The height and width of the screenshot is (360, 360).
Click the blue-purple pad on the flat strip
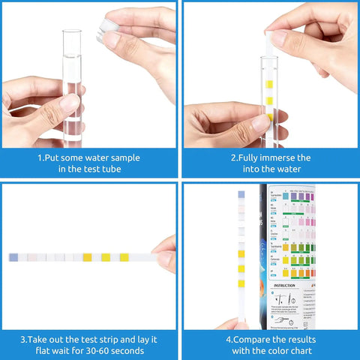pyautogui.click(x=13, y=257)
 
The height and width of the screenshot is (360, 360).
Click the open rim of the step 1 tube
pyautogui.click(x=72, y=32)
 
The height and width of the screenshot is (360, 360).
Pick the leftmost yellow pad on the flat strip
pyautogui.click(x=88, y=257)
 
